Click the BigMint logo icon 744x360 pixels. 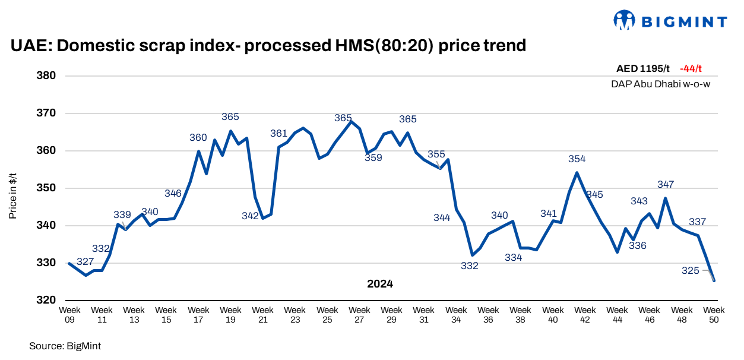624,21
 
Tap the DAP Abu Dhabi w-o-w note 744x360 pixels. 660,84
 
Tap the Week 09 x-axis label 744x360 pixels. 69,314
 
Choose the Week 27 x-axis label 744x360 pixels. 359,314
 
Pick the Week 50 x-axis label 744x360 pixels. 714,314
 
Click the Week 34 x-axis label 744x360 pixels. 456,314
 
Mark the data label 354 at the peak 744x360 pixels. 577,159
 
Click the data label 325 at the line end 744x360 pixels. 691,271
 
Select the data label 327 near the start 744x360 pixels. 85,262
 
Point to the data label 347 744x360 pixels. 666,185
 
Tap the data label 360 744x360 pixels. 198,138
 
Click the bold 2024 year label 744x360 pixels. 380,285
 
